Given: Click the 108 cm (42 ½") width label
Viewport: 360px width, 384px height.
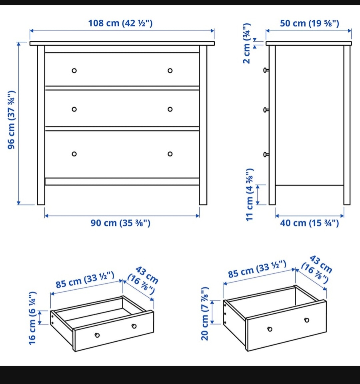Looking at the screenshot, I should click(x=120, y=23).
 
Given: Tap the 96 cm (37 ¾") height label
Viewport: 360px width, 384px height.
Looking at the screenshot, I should click(x=11, y=120).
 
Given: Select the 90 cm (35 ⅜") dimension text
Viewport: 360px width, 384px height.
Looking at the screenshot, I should click(x=120, y=223).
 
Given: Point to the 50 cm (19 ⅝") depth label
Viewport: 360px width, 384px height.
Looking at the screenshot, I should click(x=309, y=23).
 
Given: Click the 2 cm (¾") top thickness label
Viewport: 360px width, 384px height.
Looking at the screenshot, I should click(x=246, y=43).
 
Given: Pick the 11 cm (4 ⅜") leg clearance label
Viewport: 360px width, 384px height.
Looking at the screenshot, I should click(x=250, y=195).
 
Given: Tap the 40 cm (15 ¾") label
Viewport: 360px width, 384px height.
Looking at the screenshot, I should click(x=309, y=223).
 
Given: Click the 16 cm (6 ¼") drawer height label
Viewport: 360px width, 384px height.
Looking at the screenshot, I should click(x=32, y=318).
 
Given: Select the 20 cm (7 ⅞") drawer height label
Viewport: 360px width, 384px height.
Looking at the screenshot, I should click(x=205, y=314).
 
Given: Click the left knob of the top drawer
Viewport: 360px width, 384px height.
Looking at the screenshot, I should click(x=74, y=71).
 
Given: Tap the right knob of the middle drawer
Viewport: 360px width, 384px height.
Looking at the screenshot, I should click(x=170, y=109).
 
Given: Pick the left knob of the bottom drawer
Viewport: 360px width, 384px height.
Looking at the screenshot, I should click(x=74, y=154).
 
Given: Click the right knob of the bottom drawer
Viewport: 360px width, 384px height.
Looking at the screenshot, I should click(x=170, y=154).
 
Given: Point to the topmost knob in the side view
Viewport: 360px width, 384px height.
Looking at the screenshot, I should click(x=266, y=70).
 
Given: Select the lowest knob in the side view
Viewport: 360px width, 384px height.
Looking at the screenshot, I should click(x=266, y=154).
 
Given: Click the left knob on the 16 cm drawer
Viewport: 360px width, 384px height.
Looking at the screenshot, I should click(x=97, y=335).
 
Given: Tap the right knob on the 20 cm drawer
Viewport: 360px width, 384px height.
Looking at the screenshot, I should click(x=307, y=320).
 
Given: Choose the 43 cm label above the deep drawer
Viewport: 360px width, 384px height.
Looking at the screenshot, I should click(x=317, y=269).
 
